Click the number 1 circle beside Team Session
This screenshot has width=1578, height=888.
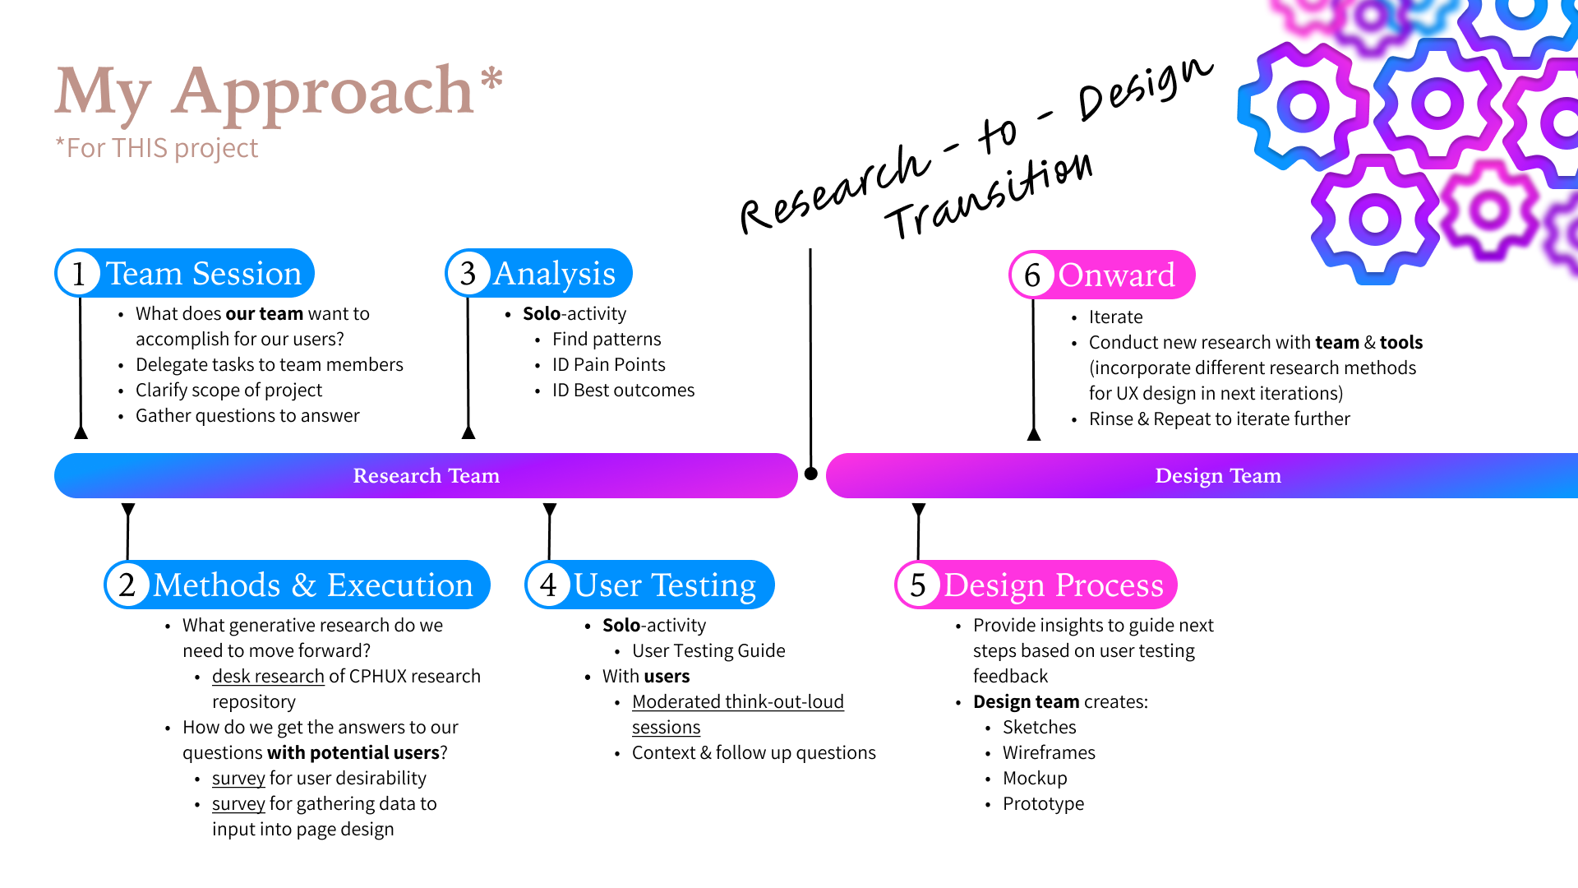[x=79, y=274]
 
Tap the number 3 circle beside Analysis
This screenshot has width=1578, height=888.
[x=468, y=274]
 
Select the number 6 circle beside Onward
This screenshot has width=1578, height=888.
[x=1032, y=275]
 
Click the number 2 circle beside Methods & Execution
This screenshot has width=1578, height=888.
[x=127, y=585]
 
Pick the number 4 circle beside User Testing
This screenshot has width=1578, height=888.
[x=548, y=585]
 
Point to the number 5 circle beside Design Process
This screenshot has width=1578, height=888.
[x=918, y=585]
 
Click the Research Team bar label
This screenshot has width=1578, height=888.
[x=426, y=476]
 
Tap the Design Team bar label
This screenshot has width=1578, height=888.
[x=1218, y=476]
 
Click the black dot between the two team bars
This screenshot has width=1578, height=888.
[x=811, y=474]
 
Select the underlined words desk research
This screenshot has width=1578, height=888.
[x=268, y=677]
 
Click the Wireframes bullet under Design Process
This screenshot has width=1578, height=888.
[x=1049, y=753]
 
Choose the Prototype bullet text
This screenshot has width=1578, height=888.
[x=1043, y=804]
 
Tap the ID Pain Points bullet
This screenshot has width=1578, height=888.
[x=608, y=365]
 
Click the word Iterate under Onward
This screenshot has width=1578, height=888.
[x=1115, y=317]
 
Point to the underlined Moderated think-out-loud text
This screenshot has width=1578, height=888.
[x=737, y=702]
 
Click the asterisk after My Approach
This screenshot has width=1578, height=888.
[x=491, y=79]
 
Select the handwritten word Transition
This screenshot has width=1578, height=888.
[x=990, y=197]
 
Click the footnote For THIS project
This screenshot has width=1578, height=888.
[x=157, y=148]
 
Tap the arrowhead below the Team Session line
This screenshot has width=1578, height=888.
[x=81, y=432]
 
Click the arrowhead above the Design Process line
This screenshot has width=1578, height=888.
[x=919, y=510]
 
